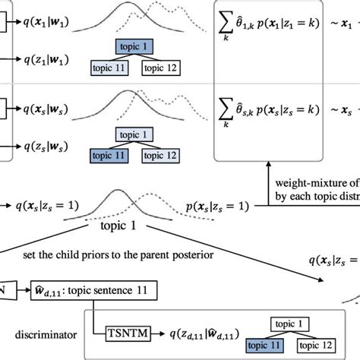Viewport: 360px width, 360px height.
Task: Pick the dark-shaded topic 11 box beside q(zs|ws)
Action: pos(108,156)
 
